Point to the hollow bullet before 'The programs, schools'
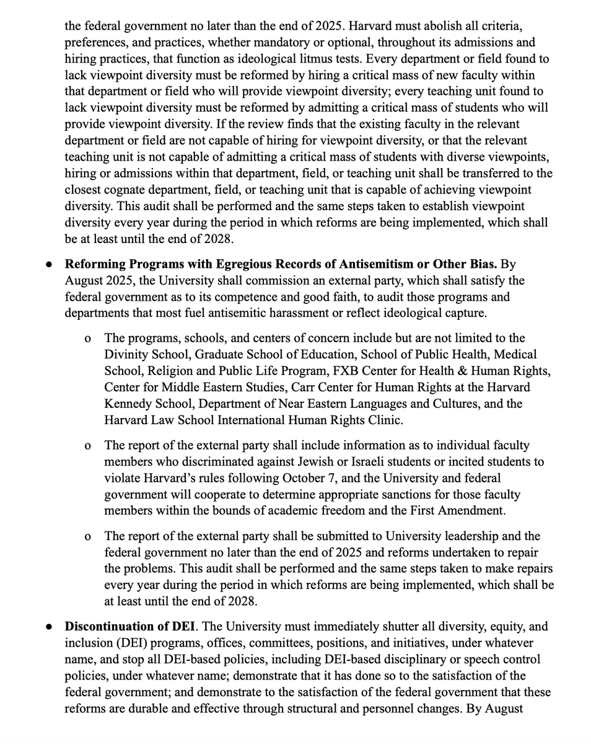88,339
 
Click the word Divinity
126,355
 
